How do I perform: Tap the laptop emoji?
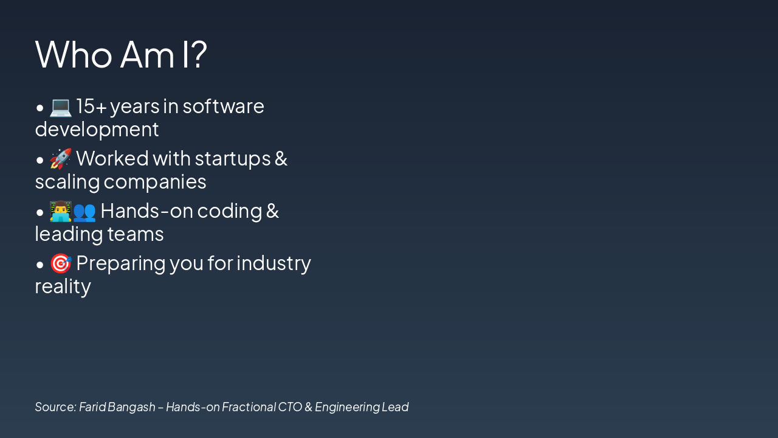click(61, 106)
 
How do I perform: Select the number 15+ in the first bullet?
click(92, 106)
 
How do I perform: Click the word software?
click(223, 106)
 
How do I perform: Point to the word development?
click(97, 129)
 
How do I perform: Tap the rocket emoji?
click(61, 159)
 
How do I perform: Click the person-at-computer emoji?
click(61, 211)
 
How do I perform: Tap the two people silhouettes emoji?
click(84, 211)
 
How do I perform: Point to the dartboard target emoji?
click(61, 263)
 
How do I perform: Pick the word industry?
click(274, 263)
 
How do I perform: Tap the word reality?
click(63, 287)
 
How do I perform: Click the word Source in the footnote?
click(55, 407)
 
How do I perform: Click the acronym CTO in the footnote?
click(290, 407)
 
